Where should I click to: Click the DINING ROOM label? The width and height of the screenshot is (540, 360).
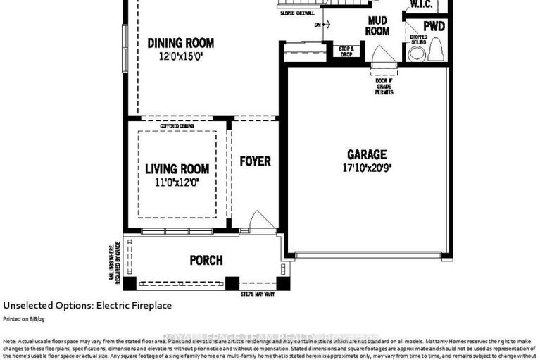coord(180,43)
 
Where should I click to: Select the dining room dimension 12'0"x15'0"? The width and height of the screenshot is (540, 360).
coord(180,56)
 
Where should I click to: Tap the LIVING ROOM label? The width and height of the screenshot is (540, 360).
coord(177,169)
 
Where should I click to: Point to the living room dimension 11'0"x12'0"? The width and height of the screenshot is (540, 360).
coord(177,181)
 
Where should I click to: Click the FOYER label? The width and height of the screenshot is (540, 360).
coord(255,161)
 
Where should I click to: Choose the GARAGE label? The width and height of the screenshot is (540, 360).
coord(366,155)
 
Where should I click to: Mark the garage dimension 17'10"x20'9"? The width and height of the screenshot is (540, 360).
coord(366,168)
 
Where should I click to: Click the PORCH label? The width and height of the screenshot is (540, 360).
coord(206,261)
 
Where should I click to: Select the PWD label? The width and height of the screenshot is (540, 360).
coord(434,25)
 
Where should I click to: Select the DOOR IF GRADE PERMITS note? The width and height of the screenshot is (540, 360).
coord(384,87)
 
